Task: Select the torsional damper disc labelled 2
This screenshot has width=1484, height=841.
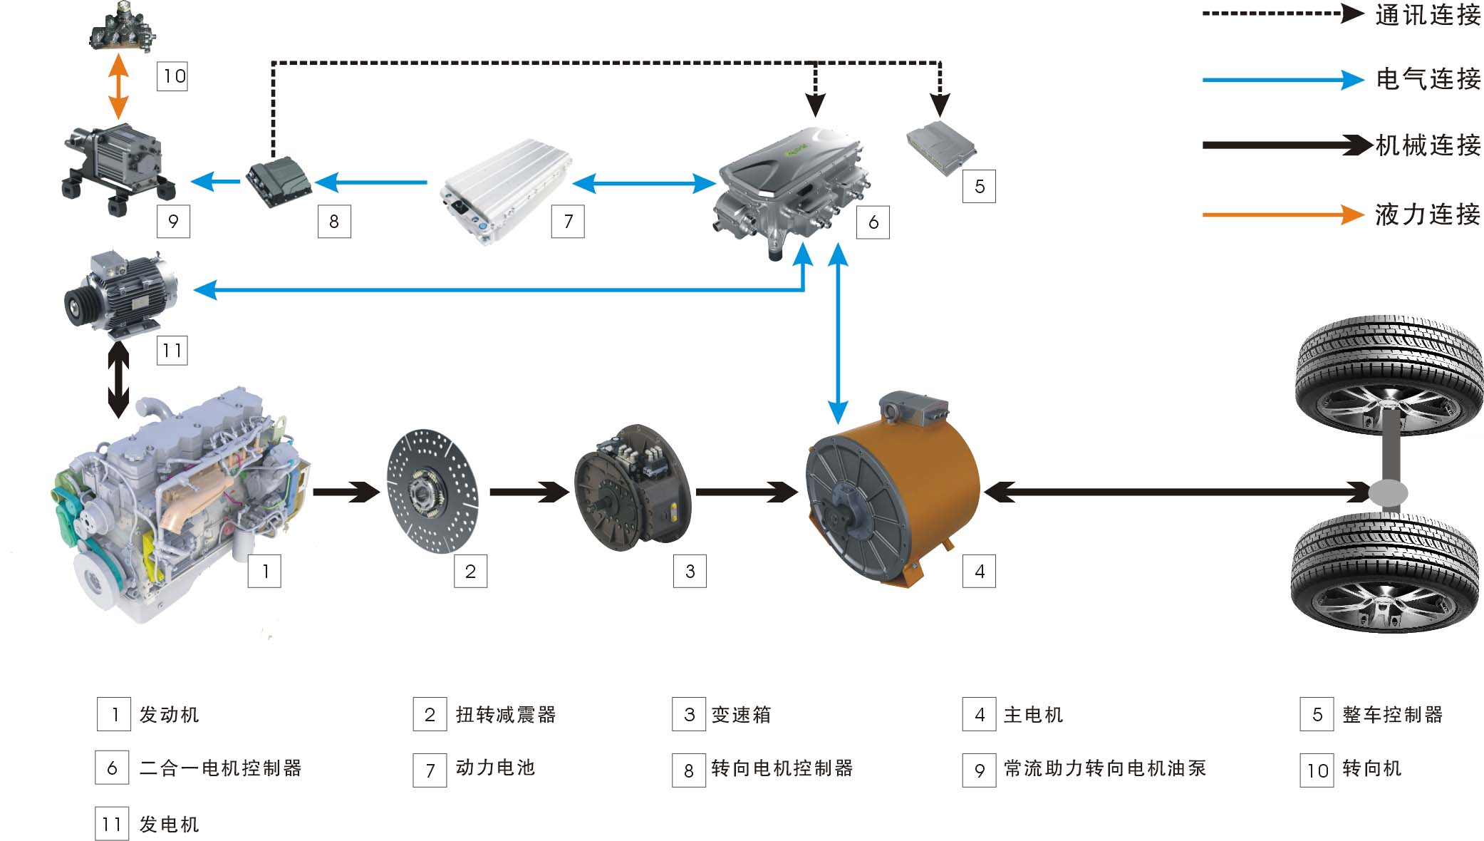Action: (x=432, y=491)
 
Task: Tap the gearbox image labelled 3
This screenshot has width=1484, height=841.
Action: (x=633, y=488)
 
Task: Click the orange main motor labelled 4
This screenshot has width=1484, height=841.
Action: (x=893, y=492)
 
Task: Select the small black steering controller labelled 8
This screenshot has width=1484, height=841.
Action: (x=279, y=182)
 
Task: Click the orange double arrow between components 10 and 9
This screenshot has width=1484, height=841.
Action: (x=118, y=86)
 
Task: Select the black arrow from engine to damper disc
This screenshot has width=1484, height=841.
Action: (x=346, y=492)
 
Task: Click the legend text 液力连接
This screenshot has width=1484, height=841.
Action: (x=1428, y=214)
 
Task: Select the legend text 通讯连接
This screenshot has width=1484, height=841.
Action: (x=1428, y=14)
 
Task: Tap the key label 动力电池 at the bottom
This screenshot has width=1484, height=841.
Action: (x=495, y=768)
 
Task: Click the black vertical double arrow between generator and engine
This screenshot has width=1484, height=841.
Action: (x=118, y=380)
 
